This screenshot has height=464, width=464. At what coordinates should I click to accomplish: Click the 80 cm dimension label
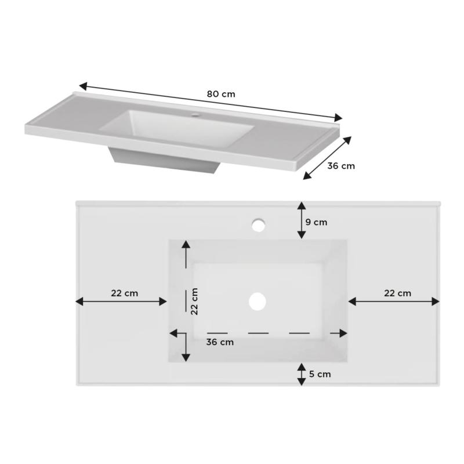coord(221,93)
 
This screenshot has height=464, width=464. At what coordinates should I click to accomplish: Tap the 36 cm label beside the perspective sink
coord(341,166)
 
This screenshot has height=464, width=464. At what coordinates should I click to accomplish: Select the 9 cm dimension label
coord(317,222)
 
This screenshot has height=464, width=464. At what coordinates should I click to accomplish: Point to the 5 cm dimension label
coord(320,374)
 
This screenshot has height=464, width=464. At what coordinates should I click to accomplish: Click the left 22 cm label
coord(125,293)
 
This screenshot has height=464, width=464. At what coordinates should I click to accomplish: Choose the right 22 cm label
coord(397,293)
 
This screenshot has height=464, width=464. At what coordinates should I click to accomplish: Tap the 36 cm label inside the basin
coord(220,342)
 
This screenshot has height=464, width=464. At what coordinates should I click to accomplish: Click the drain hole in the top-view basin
coord(257,300)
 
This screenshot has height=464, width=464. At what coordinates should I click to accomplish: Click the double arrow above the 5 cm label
coord(301,374)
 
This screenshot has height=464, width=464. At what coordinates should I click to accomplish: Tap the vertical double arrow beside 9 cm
coord(301,220)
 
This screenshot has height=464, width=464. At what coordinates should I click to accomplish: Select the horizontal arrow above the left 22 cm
coord(121,301)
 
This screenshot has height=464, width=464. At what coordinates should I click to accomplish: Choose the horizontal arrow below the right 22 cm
coord(394,301)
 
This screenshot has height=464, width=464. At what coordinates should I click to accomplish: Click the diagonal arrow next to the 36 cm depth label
coord(328,158)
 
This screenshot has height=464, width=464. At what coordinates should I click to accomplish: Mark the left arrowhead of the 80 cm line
coord(83,86)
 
